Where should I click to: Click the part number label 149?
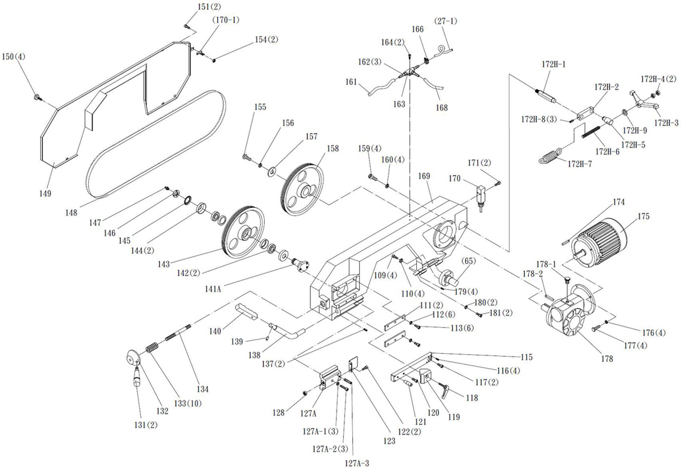45,193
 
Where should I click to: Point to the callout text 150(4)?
14,56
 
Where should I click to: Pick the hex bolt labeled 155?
246,157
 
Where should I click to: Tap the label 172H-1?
553,64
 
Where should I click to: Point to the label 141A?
213,289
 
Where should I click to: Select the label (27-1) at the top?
445,21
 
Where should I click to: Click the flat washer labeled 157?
272,172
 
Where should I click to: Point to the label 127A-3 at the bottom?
357,463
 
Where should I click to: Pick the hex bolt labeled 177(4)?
595,329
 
